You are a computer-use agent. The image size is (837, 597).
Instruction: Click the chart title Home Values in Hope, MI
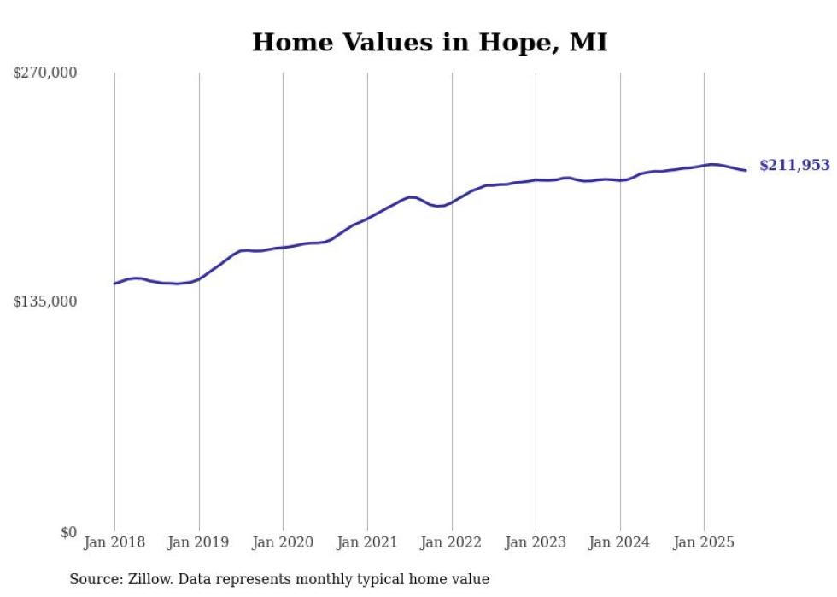click(x=430, y=43)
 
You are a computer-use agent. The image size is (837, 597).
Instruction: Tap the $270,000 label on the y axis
click(x=44, y=73)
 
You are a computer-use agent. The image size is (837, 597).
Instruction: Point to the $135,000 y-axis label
click(x=44, y=301)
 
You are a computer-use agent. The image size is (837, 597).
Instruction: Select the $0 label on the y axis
click(x=68, y=532)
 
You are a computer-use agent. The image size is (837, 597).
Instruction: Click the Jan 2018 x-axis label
click(x=114, y=542)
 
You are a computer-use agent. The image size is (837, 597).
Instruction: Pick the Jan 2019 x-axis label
click(x=199, y=542)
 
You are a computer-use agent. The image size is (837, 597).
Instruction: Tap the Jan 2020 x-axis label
click(x=283, y=542)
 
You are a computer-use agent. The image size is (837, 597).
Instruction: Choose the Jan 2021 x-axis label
click(x=367, y=542)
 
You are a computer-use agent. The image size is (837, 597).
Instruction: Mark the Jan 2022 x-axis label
click(x=452, y=542)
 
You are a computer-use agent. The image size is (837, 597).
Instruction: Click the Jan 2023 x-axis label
click(x=536, y=542)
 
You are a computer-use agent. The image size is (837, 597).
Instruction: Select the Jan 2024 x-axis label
click(x=620, y=542)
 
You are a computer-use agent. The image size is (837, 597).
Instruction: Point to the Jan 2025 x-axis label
click(x=704, y=542)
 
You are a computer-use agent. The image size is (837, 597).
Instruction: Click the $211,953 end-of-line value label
click(x=794, y=166)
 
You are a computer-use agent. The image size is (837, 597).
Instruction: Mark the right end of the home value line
click(x=746, y=171)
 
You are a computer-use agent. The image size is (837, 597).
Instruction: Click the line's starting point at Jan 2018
click(x=114, y=284)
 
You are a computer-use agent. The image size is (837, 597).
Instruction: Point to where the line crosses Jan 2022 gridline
click(x=452, y=202)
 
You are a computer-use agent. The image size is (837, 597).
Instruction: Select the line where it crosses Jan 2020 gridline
click(x=283, y=248)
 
